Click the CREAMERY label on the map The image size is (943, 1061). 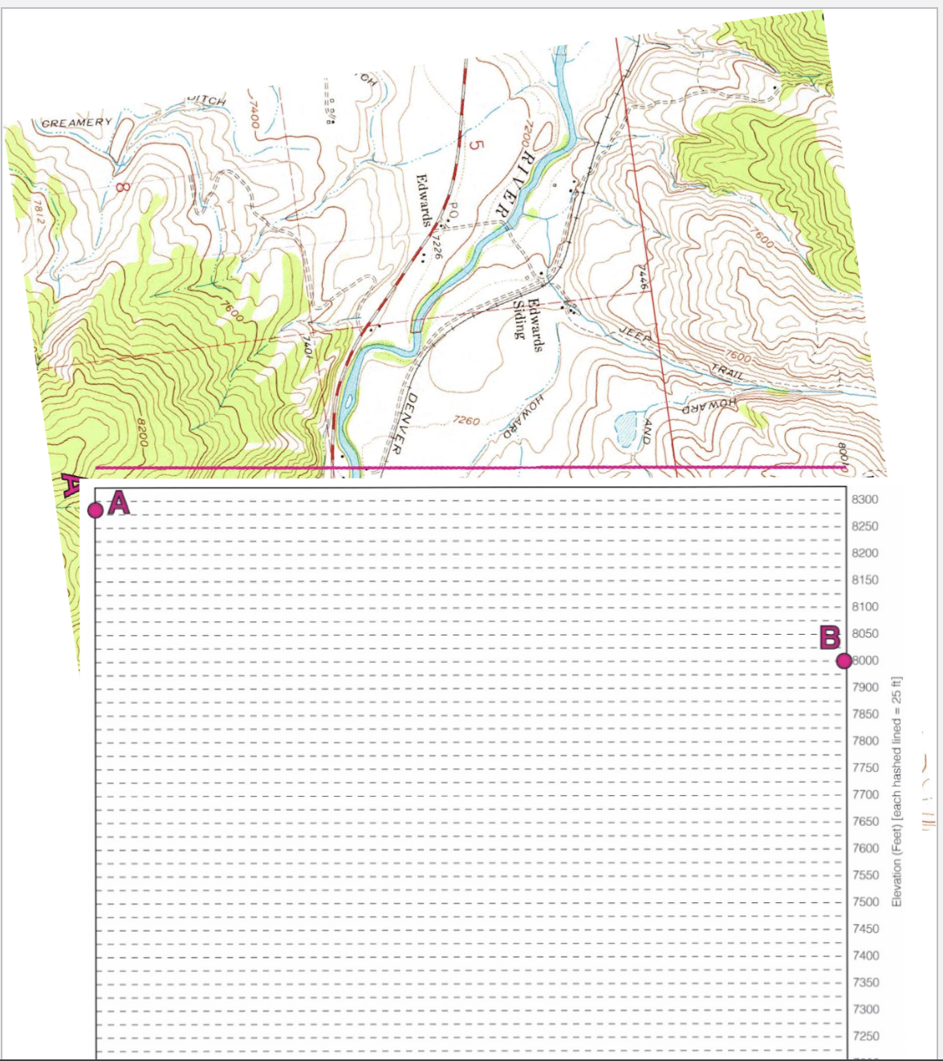click(x=77, y=123)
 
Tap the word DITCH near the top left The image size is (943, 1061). click(x=206, y=100)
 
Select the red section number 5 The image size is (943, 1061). click(x=476, y=146)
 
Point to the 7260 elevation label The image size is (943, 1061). click(x=465, y=421)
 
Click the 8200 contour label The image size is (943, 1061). click(x=140, y=433)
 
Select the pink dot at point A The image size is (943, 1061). click(x=96, y=510)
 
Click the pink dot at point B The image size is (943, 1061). click(x=843, y=661)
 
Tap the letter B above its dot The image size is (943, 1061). click(x=829, y=638)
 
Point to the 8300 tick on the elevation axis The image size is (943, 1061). click(x=864, y=499)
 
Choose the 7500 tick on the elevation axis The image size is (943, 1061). click(x=865, y=902)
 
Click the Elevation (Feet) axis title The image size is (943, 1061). click(x=897, y=791)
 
